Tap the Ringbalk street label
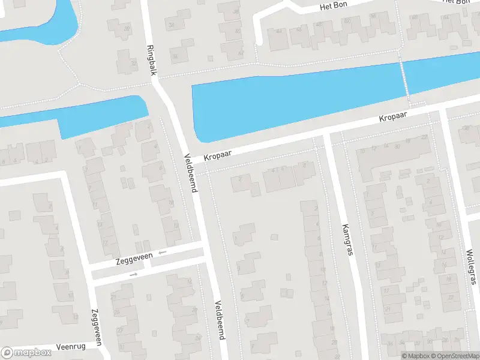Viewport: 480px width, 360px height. click(x=152, y=60)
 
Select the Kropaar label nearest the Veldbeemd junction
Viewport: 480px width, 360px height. click(x=217, y=155)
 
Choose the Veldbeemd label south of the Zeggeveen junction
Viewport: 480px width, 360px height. click(x=220, y=320)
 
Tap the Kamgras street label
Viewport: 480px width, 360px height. click(x=347, y=239)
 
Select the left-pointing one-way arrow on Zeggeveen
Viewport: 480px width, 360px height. click(x=162, y=253)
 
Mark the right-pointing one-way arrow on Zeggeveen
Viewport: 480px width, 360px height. click(x=133, y=274)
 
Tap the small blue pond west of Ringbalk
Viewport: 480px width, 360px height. click(x=102, y=114)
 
